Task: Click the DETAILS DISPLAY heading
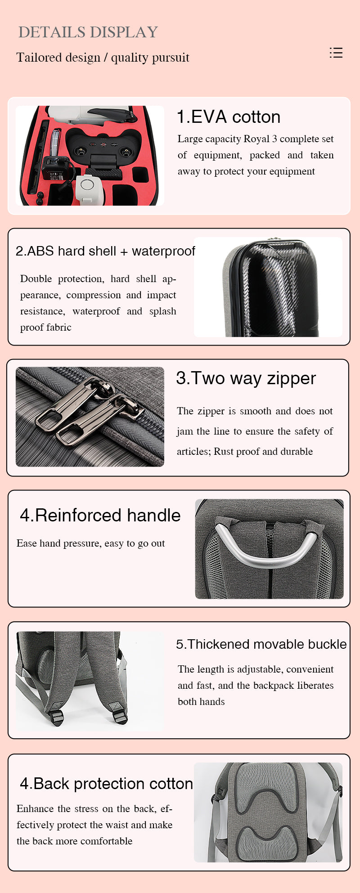pos(88,32)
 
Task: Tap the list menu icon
pos(336,53)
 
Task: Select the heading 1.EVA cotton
pos(229,117)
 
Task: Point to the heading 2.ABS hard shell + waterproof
pos(105,251)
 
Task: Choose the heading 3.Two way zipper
pos(246,378)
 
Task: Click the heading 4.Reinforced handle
pos(100,515)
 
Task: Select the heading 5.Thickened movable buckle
pos(261,644)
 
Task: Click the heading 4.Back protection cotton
pos(106,784)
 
